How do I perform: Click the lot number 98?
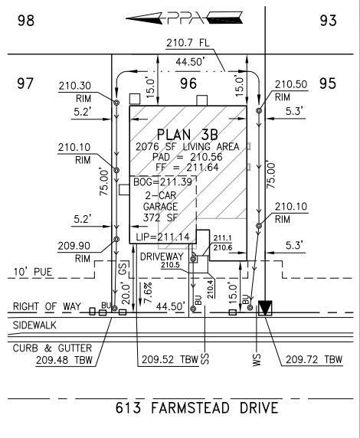coord(26,21)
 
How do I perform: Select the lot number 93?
coord(328,21)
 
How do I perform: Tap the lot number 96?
coord(188,83)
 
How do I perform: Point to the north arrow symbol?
coord(184,18)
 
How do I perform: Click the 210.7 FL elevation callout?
coord(188,43)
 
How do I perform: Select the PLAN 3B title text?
coord(187,135)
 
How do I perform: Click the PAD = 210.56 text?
coord(187,157)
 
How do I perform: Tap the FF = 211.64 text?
coord(187,168)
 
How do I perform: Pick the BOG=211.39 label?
coord(162,182)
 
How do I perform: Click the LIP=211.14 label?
coord(162,237)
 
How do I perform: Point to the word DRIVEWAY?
coord(162,257)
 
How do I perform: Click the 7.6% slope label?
coord(148,293)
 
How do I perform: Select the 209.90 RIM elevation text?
coord(74,252)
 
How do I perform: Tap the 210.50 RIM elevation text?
coord(291,90)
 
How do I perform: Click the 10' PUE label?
coord(33,272)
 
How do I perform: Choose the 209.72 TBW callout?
coord(314,359)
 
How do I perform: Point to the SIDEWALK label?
coord(34,325)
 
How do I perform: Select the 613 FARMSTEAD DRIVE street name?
coord(197,408)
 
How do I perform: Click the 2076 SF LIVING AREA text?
coord(187,147)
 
